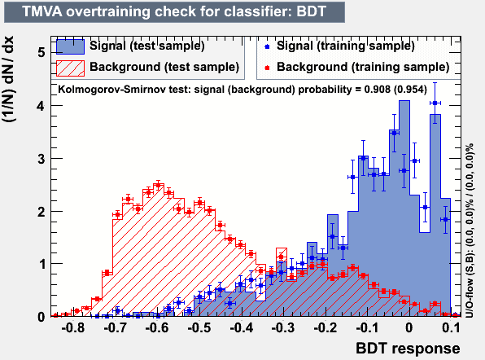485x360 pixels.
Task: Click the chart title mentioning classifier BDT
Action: tap(174, 11)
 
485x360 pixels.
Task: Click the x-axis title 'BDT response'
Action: tap(408, 349)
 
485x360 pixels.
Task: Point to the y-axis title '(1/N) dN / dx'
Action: tap(8, 79)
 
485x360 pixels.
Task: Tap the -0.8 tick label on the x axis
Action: tap(73, 327)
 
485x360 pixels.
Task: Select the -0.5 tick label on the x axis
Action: tap(199, 327)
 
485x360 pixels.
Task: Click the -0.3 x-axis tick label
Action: tap(283, 327)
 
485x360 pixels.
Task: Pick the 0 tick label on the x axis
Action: tap(409, 327)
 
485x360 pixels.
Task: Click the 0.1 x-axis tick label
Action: tap(451, 327)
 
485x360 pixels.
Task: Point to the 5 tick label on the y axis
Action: tap(42, 52)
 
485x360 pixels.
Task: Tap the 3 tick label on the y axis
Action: tap(42, 159)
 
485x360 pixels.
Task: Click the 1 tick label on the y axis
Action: tap(42, 265)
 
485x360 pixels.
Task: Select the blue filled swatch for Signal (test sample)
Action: tap(70, 46)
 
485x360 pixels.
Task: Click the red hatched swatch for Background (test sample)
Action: tap(70, 68)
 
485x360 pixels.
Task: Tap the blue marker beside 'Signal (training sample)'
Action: tap(267, 47)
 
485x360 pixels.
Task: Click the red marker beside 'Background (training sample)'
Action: tap(267, 68)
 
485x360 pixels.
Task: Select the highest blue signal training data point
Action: tap(435, 103)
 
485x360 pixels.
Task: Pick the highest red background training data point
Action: tap(159, 186)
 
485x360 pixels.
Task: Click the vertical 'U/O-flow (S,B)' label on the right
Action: tap(470, 230)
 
